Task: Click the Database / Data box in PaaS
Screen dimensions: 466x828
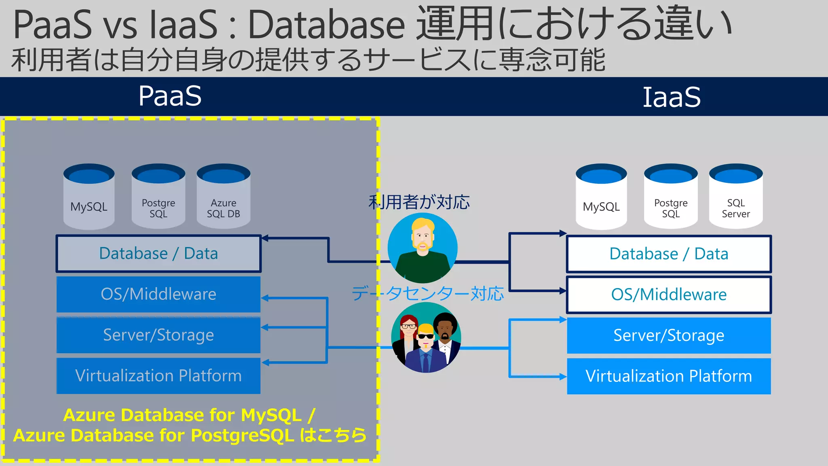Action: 158,254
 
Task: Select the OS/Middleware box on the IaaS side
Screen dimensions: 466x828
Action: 669,294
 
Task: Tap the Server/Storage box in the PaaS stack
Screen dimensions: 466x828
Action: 158,335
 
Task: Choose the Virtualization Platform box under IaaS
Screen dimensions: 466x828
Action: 669,376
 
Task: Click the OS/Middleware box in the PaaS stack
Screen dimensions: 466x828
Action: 158,294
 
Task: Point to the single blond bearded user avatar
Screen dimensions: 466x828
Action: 422,248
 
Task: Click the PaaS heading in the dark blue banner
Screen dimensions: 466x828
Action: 170,96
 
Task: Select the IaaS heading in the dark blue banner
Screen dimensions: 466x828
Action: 671,97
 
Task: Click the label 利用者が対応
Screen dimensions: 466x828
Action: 419,202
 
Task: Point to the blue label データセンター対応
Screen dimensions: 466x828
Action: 428,294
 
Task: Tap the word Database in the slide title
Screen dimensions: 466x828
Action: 326,25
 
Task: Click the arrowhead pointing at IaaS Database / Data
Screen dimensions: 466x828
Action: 563,233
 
